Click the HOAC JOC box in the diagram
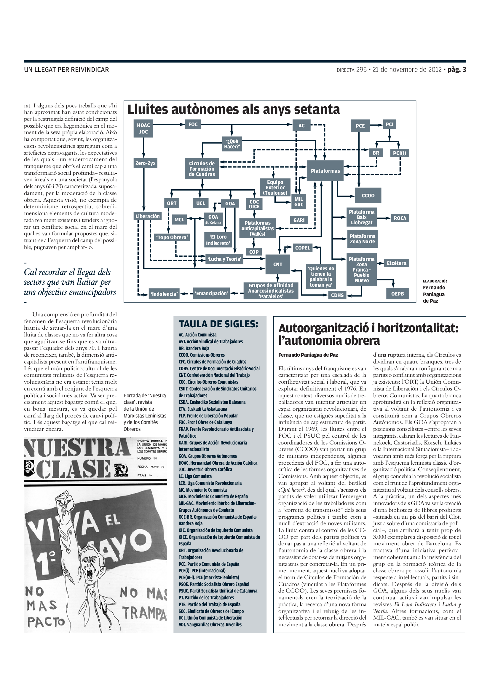click(x=143, y=128)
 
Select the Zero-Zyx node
click(x=146, y=163)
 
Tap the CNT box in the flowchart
click(x=278, y=264)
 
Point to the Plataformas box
click(x=325, y=171)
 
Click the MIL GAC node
click(x=299, y=201)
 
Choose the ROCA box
click(x=400, y=218)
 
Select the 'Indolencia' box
click(x=164, y=294)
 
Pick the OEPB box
click(x=397, y=293)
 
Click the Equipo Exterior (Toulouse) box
click(x=275, y=188)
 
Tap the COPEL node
click(x=303, y=247)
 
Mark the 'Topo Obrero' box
click(x=172, y=237)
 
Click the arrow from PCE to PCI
click(x=376, y=125)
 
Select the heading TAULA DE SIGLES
click(x=218, y=324)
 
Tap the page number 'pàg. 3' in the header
click(x=457, y=69)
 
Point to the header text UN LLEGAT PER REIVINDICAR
click(x=66, y=69)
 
